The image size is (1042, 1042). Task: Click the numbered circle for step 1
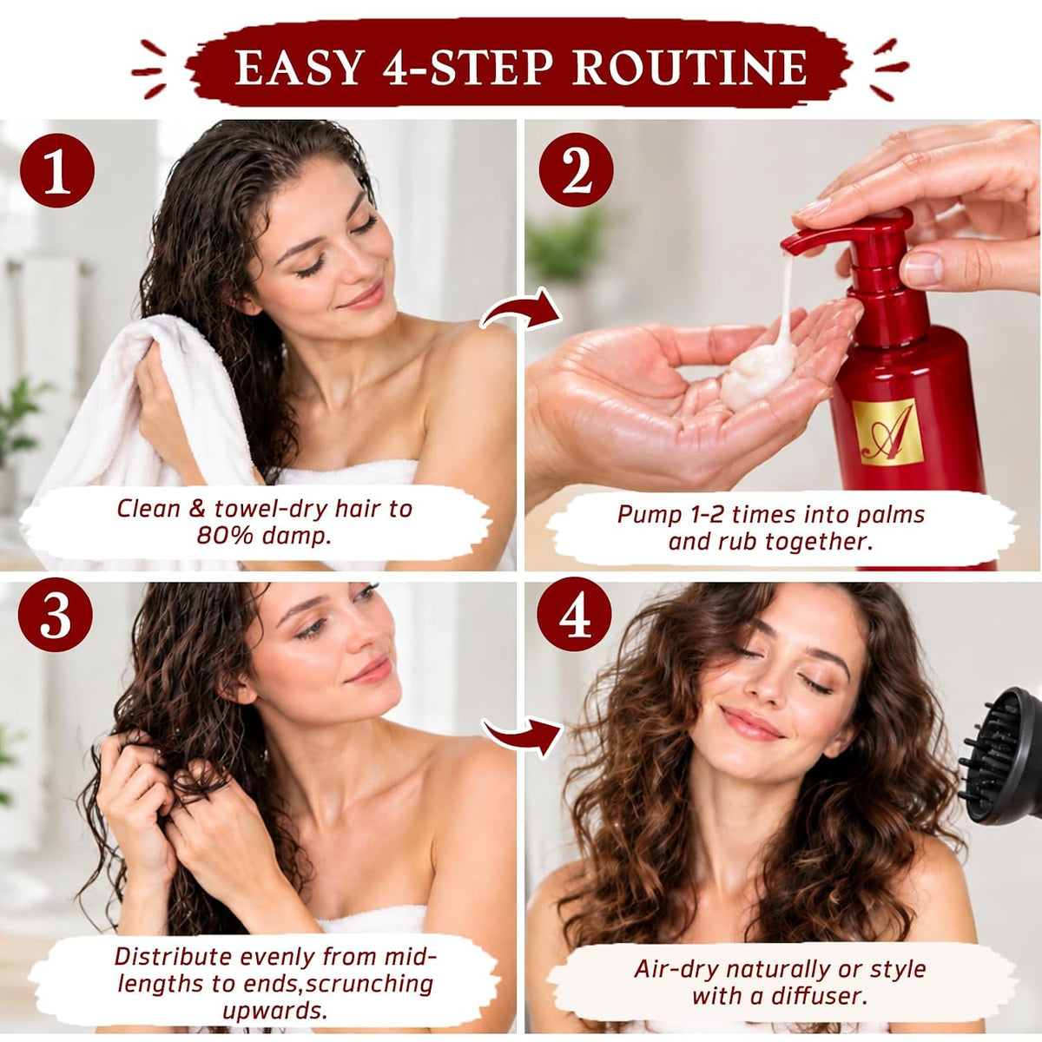pyautogui.click(x=56, y=171)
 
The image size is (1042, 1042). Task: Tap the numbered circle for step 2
pyautogui.click(x=577, y=170)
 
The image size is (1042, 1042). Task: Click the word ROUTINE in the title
pyautogui.click(x=689, y=68)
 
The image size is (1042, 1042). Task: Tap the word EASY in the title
pyautogui.click(x=299, y=68)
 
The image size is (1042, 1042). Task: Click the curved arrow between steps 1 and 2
pyautogui.click(x=521, y=310)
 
